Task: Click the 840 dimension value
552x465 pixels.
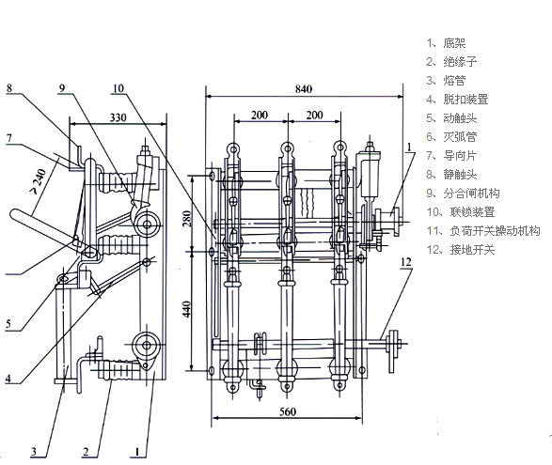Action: (x=304, y=89)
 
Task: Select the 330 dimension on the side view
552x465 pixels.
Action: (x=118, y=117)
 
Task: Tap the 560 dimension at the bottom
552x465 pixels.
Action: (x=288, y=411)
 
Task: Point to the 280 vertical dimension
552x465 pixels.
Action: (x=187, y=219)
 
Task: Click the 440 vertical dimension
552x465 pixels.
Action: (x=187, y=309)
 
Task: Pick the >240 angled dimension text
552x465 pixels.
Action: (x=39, y=181)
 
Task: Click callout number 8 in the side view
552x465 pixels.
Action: (x=9, y=88)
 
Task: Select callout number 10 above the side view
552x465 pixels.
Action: (x=118, y=88)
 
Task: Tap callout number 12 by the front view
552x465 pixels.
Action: (x=406, y=262)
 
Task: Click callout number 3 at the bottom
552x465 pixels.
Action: (x=34, y=452)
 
